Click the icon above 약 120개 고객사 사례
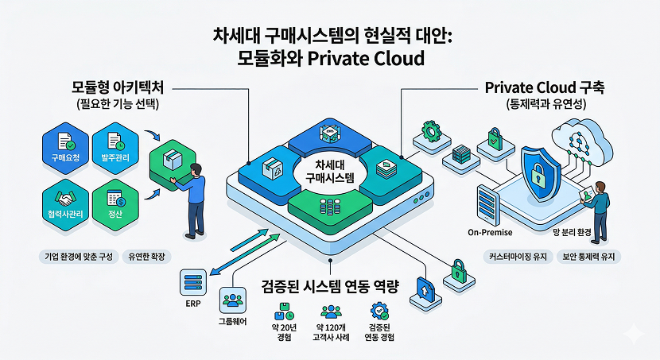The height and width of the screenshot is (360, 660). tap(329, 311)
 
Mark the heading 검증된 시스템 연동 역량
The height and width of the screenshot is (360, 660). tap(330, 285)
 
